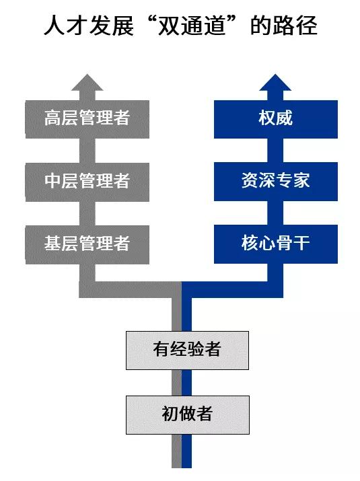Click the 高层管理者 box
87,119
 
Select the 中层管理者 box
87,182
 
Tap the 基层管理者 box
87,244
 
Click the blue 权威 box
276,119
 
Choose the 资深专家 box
276,182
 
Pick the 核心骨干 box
276,244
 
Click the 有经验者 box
187,350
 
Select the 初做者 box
188,415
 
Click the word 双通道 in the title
190,25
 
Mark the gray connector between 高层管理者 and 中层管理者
87,151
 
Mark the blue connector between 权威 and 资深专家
275,151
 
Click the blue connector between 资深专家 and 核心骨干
275,213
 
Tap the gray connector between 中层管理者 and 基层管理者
87,213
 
